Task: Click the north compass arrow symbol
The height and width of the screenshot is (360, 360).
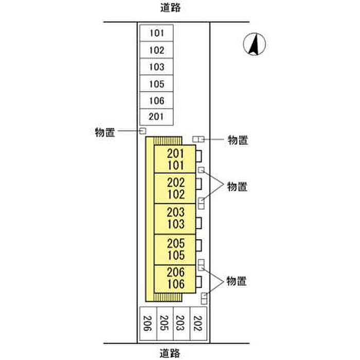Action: (255, 44)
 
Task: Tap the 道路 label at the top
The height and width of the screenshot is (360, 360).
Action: (170, 8)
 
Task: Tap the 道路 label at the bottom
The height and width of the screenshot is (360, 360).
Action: (170, 353)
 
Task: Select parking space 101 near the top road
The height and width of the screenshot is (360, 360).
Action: (156, 33)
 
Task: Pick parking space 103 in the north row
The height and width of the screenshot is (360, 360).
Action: (156, 66)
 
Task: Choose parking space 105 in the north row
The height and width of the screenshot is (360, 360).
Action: (156, 83)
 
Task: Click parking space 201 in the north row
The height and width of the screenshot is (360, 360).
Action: (156, 117)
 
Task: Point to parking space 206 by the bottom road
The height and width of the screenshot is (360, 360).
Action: (148, 323)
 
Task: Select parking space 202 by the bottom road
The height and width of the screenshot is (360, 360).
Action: (199, 323)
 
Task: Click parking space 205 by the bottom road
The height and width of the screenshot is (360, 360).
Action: (165, 323)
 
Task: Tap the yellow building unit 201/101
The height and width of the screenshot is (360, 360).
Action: (175, 159)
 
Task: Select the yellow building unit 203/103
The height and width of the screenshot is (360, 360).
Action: (175, 219)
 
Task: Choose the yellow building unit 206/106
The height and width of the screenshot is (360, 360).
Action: (175, 279)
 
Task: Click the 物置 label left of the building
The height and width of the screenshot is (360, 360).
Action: (105, 133)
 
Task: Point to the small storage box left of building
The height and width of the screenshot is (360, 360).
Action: (143, 131)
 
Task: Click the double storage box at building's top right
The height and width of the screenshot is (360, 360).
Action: (199, 139)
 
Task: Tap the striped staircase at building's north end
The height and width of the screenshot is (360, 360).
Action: (168, 141)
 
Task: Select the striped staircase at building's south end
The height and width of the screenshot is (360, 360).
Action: (168, 297)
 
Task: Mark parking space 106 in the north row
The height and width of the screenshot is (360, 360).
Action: (156, 100)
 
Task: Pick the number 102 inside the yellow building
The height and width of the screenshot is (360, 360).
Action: (176, 194)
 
